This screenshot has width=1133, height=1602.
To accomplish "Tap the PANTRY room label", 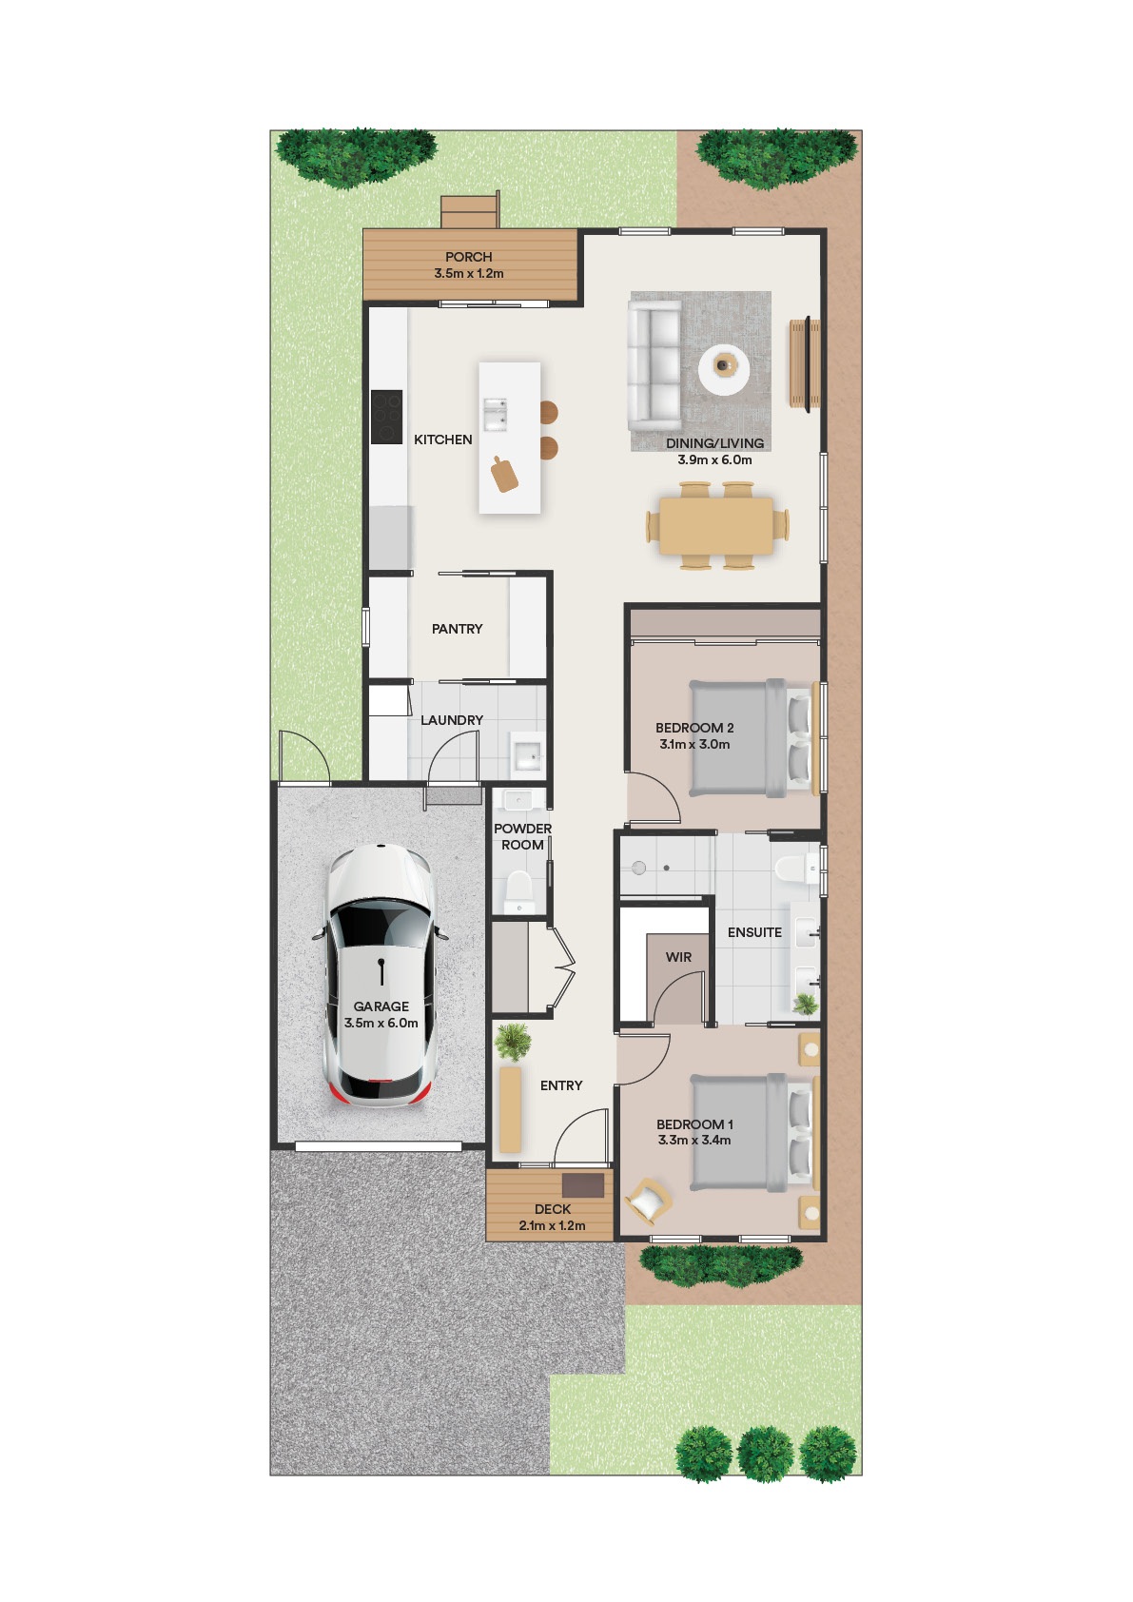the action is coord(457,629).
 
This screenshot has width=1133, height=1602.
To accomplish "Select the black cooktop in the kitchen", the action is coord(386,417).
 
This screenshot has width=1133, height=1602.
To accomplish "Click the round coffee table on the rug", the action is coord(724,368).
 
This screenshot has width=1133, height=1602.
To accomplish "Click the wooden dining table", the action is coord(716,526).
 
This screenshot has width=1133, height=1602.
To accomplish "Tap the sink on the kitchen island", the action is coord(495,415).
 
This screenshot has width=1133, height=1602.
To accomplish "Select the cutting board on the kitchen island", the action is coord(504,474).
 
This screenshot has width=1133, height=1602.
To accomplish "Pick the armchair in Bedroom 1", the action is coord(648,1201).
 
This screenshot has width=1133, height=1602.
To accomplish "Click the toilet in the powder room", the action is coord(518,891).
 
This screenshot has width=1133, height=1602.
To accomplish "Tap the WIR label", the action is coord(678,957).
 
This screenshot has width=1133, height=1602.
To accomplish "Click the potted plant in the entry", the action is coord(512,1043).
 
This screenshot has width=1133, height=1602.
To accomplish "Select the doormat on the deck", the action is coord(583,1185).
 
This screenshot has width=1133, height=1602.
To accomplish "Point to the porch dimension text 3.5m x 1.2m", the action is coord(468,273).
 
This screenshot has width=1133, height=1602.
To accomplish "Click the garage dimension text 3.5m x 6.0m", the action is coord(381,1023).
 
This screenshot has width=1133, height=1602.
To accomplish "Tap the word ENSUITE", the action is coord(754,932).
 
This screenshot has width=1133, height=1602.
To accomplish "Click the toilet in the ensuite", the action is coord(797,869).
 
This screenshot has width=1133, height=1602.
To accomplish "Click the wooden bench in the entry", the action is coord(510,1109).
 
